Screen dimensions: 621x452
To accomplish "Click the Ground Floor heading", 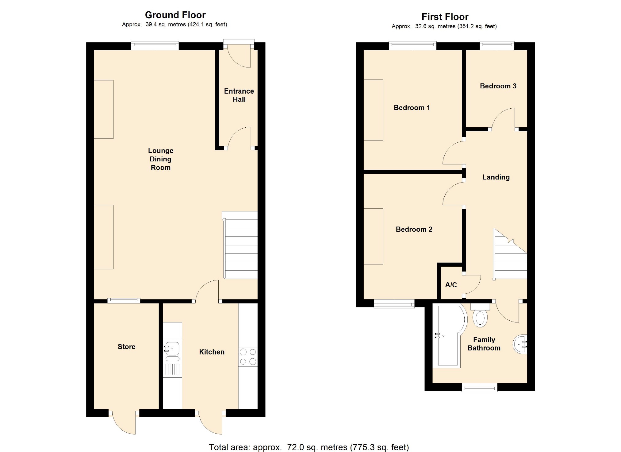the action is pos(175,15).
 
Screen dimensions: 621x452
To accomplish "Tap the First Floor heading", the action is pos(445,17).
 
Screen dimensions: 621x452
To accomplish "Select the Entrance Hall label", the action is pos(239,95).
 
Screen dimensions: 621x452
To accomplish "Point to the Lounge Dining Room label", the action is pos(161,159).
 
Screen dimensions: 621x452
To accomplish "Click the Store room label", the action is pos(126,346).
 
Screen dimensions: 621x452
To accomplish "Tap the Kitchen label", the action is pos(212,352).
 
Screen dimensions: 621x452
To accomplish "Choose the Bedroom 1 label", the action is pos(412,108).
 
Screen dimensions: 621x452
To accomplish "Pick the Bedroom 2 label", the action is pos(414,229).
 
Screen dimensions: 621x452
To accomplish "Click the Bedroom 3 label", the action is pos(498,86).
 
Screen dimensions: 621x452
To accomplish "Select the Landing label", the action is pos(496,177).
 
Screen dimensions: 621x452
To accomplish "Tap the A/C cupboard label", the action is pos(451,285).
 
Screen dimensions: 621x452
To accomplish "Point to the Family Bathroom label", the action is pos(484,344).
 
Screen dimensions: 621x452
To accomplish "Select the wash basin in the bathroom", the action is pos(520,345).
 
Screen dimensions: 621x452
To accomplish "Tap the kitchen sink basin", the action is pos(172,349).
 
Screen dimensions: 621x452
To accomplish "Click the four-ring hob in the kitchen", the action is pos(248,357).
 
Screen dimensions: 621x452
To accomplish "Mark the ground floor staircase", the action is pos(240,245).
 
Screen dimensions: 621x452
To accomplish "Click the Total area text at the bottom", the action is pos(309,447).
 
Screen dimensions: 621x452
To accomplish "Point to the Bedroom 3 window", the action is pos(497,46).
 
